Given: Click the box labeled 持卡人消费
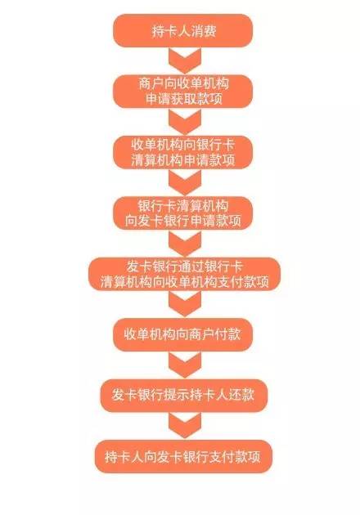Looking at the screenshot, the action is click(x=182, y=30).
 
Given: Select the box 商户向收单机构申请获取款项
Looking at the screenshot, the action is click(x=182, y=92).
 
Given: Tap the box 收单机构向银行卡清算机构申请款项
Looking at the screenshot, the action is click(x=182, y=152).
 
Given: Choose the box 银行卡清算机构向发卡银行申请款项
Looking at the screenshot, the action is click(x=182, y=213).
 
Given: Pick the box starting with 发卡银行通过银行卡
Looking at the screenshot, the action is click(x=184, y=274).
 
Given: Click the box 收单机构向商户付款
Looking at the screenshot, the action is click(x=182, y=334).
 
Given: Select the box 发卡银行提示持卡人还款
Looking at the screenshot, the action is click(x=184, y=396).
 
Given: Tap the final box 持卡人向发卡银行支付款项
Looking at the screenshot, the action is click(x=183, y=456).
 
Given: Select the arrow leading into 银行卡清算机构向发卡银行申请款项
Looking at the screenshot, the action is click(x=185, y=182).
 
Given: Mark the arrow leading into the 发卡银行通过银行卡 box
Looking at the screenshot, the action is click(x=185, y=244).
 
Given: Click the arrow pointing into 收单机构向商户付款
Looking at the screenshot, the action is click(x=185, y=304).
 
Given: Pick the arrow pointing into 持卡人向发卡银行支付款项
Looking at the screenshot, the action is click(x=185, y=426).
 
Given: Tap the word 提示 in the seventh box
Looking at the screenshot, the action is click(x=177, y=395).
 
